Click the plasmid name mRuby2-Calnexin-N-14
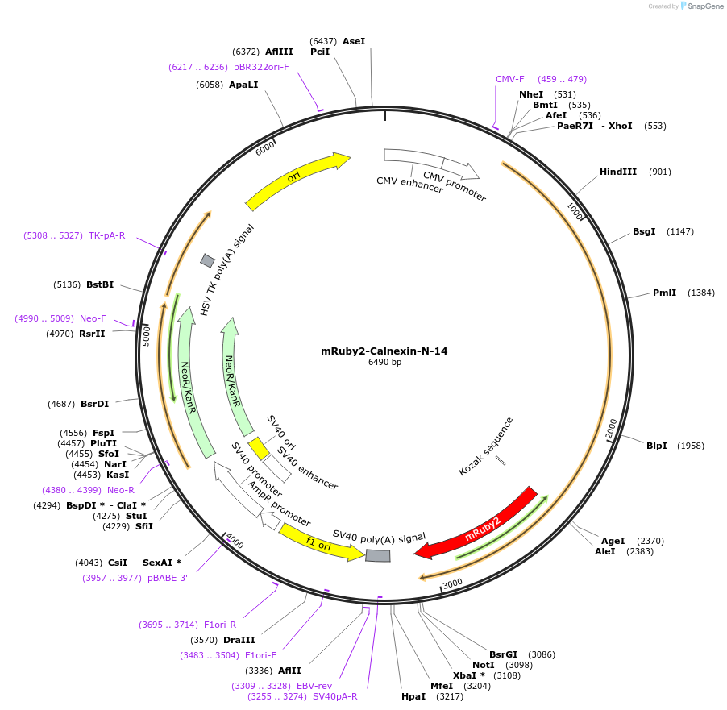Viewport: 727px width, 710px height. (x=384, y=351)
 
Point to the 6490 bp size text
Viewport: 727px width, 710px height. (x=384, y=363)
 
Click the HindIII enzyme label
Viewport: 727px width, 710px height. (x=618, y=172)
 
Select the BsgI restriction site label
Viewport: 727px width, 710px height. (x=644, y=231)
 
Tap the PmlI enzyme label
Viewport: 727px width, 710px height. (x=664, y=293)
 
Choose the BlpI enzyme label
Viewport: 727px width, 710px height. (x=656, y=446)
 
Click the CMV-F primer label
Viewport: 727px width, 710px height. (x=509, y=79)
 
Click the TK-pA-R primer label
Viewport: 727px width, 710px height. (x=106, y=235)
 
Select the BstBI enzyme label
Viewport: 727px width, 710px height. (x=100, y=284)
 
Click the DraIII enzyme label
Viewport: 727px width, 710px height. (x=239, y=640)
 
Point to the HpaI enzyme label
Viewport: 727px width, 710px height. (x=413, y=696)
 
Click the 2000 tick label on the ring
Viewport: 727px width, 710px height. (x=611, y=426)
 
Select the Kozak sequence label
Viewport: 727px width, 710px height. (x=486, y=446)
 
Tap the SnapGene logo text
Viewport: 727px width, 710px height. (x=705, y=6)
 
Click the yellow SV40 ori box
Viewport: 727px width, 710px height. (x=258, y=448)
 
